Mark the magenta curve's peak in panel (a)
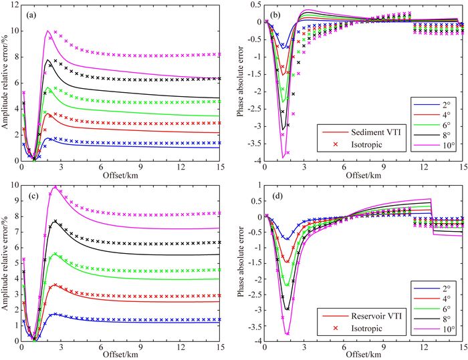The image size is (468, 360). tap(47, 31)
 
